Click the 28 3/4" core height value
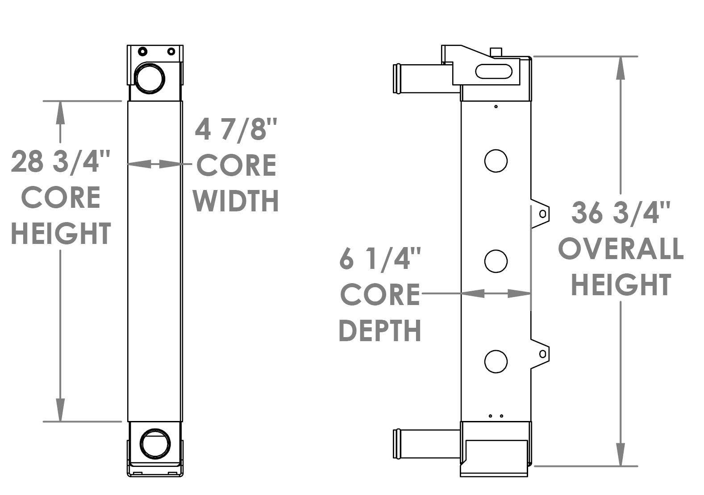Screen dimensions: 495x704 (61, 162)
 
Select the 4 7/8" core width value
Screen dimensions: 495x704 (236, 129)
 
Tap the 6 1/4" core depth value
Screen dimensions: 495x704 (380, 259)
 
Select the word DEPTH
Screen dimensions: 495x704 (380, 330)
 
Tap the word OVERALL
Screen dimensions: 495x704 (621, 249)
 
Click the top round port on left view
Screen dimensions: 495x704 (150, 78)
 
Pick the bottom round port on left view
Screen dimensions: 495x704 (155, 443)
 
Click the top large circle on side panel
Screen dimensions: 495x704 (496, 161)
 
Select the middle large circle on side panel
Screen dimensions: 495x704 (496, 261)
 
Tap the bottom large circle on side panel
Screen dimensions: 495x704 (496, 361)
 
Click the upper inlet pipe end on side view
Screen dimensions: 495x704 (396, 79)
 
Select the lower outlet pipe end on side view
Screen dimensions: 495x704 (396, 443)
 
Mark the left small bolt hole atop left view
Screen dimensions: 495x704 (142, 51)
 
